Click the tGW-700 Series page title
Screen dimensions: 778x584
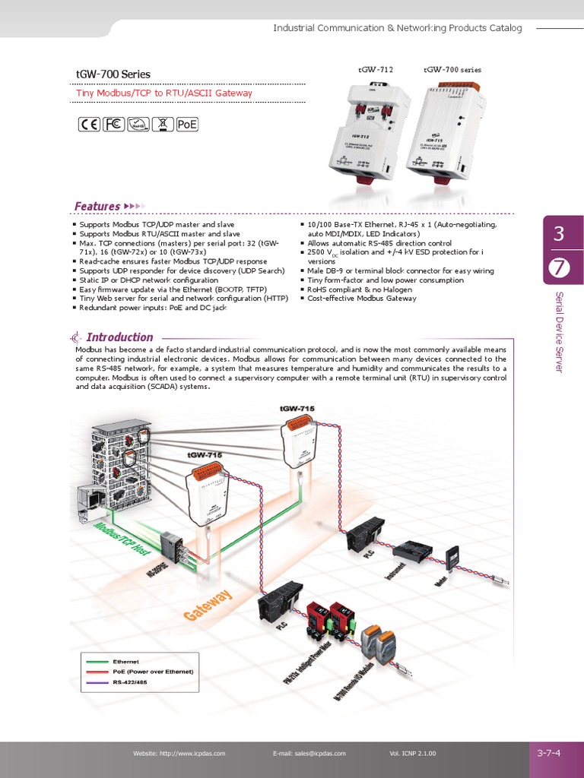(x=113, y=74)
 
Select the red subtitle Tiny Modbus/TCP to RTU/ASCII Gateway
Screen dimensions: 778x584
(x=163, y=93)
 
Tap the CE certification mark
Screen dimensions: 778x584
(x=90, y=125)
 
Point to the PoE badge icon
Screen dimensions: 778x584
(x=186, y=125)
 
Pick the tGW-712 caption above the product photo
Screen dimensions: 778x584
(x=376, y=70)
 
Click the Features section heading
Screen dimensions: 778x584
(x=97, y=206)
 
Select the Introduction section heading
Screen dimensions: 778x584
(x=119, y=337)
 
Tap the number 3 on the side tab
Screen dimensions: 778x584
(x=559, y=235)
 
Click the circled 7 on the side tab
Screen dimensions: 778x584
(x=559, y=267)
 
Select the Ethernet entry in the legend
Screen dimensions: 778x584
(x=126, y=662)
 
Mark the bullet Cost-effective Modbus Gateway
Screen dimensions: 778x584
(x=362, y=299)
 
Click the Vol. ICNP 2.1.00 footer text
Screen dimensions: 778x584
(x=412, y=754)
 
